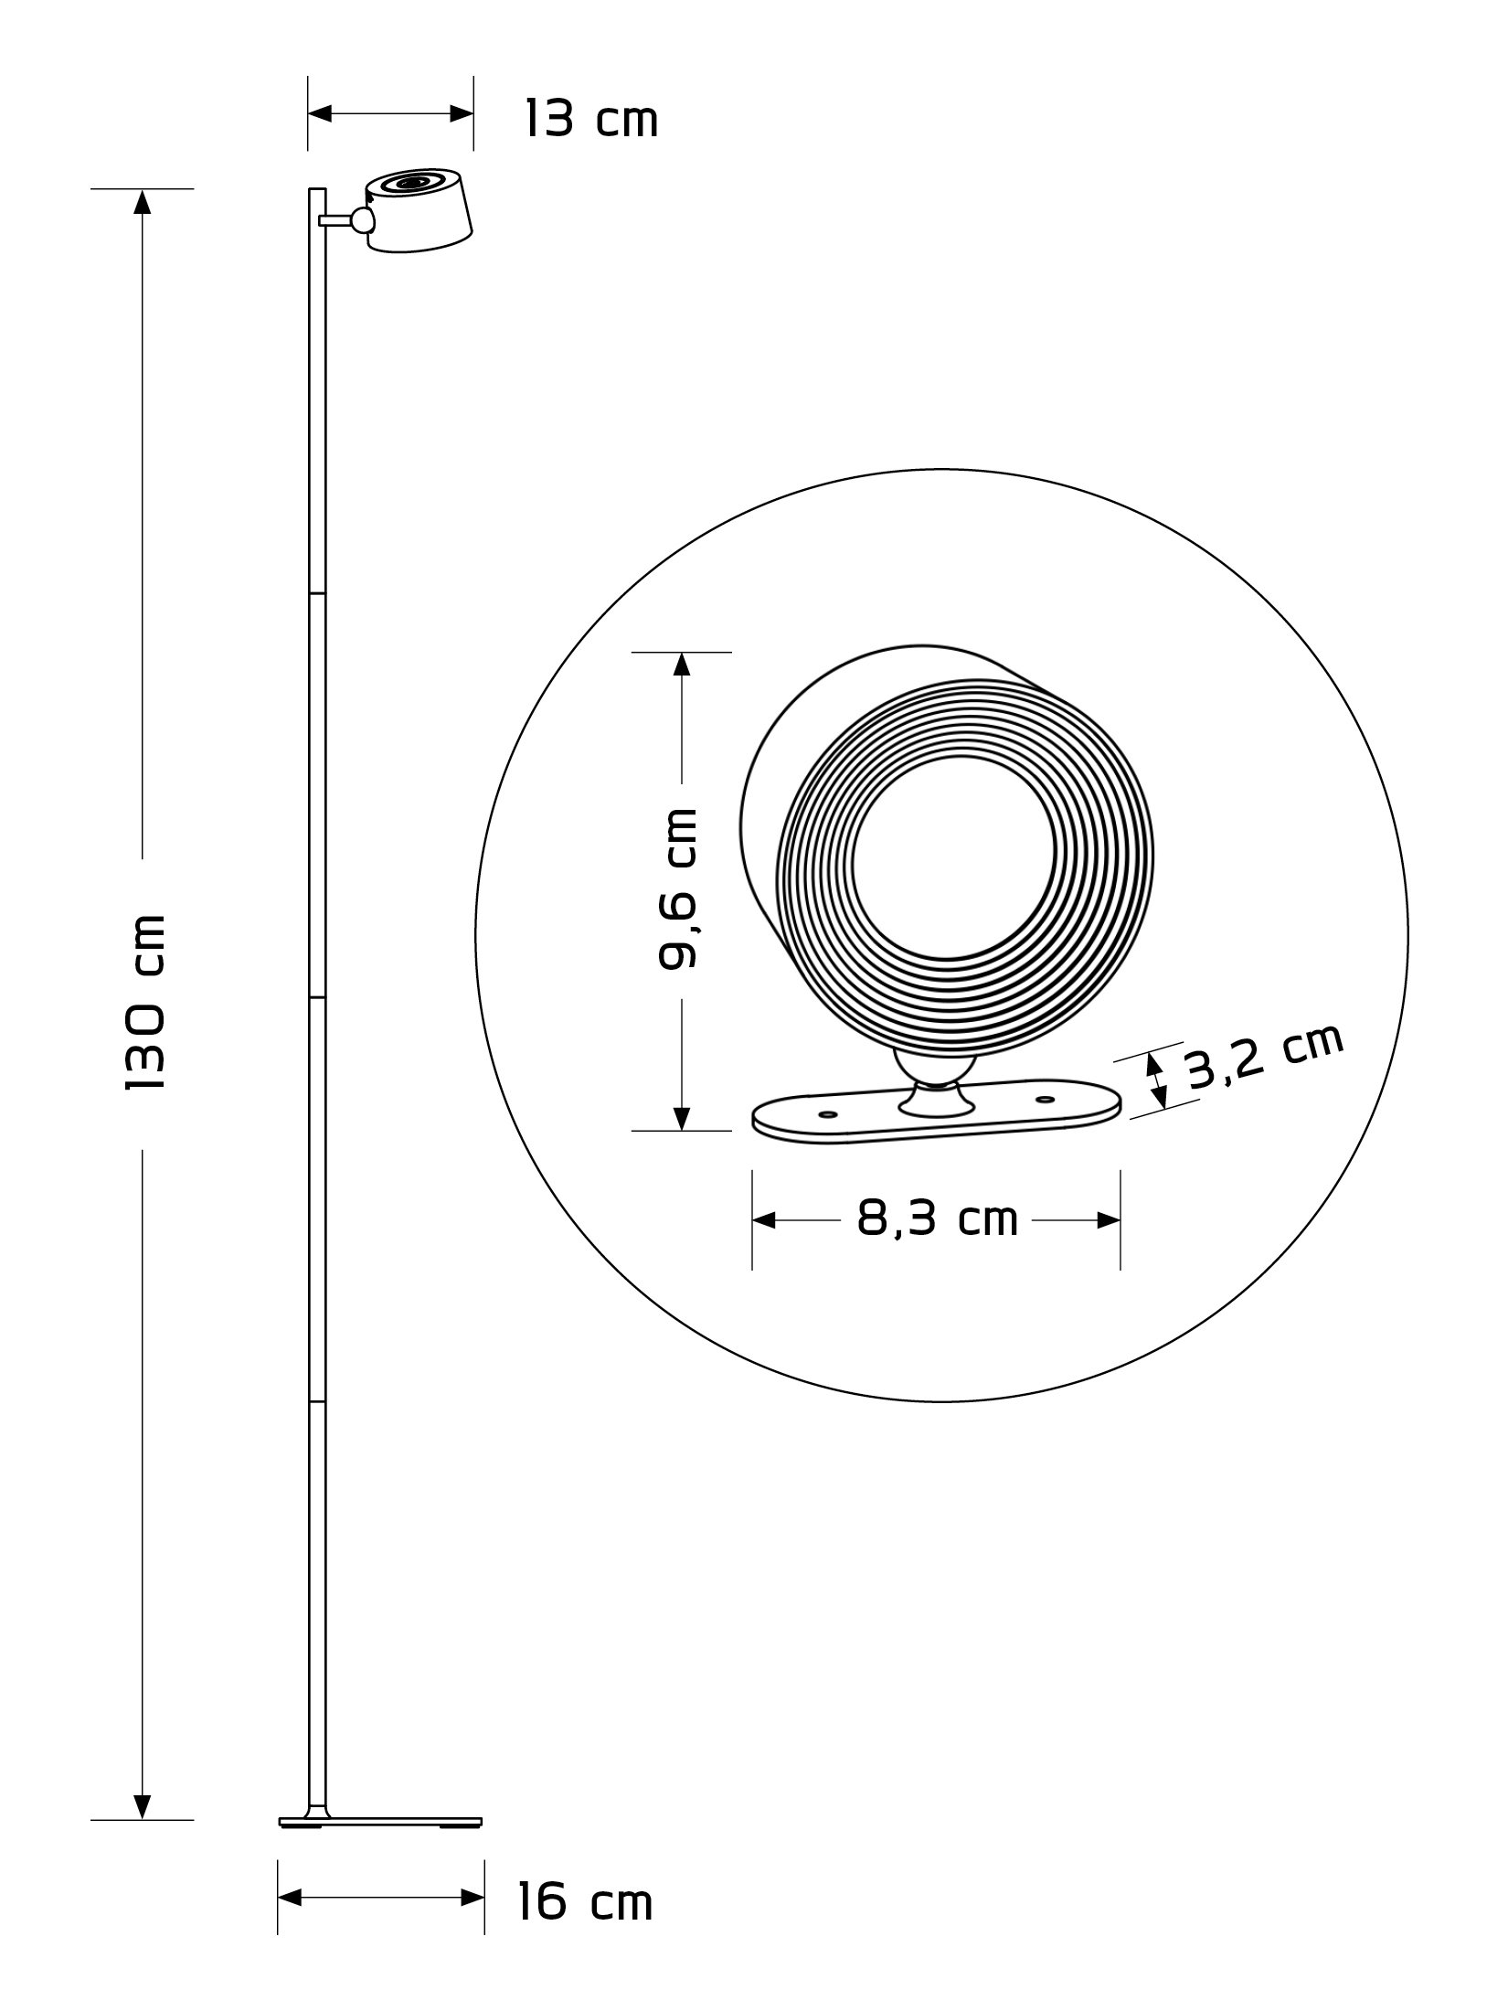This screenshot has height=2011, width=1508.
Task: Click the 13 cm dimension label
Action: pos(591,119)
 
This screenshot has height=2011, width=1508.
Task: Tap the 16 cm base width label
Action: pos(585,1897)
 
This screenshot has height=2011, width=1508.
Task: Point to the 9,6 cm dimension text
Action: pos(678,888)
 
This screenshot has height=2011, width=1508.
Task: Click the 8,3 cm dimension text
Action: pos(937,1218)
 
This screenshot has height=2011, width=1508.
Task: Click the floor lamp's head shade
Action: pos(419,210)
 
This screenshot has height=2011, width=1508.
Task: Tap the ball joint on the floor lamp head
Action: pos(363,219)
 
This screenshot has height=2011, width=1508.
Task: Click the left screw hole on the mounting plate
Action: pos(830,1114)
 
